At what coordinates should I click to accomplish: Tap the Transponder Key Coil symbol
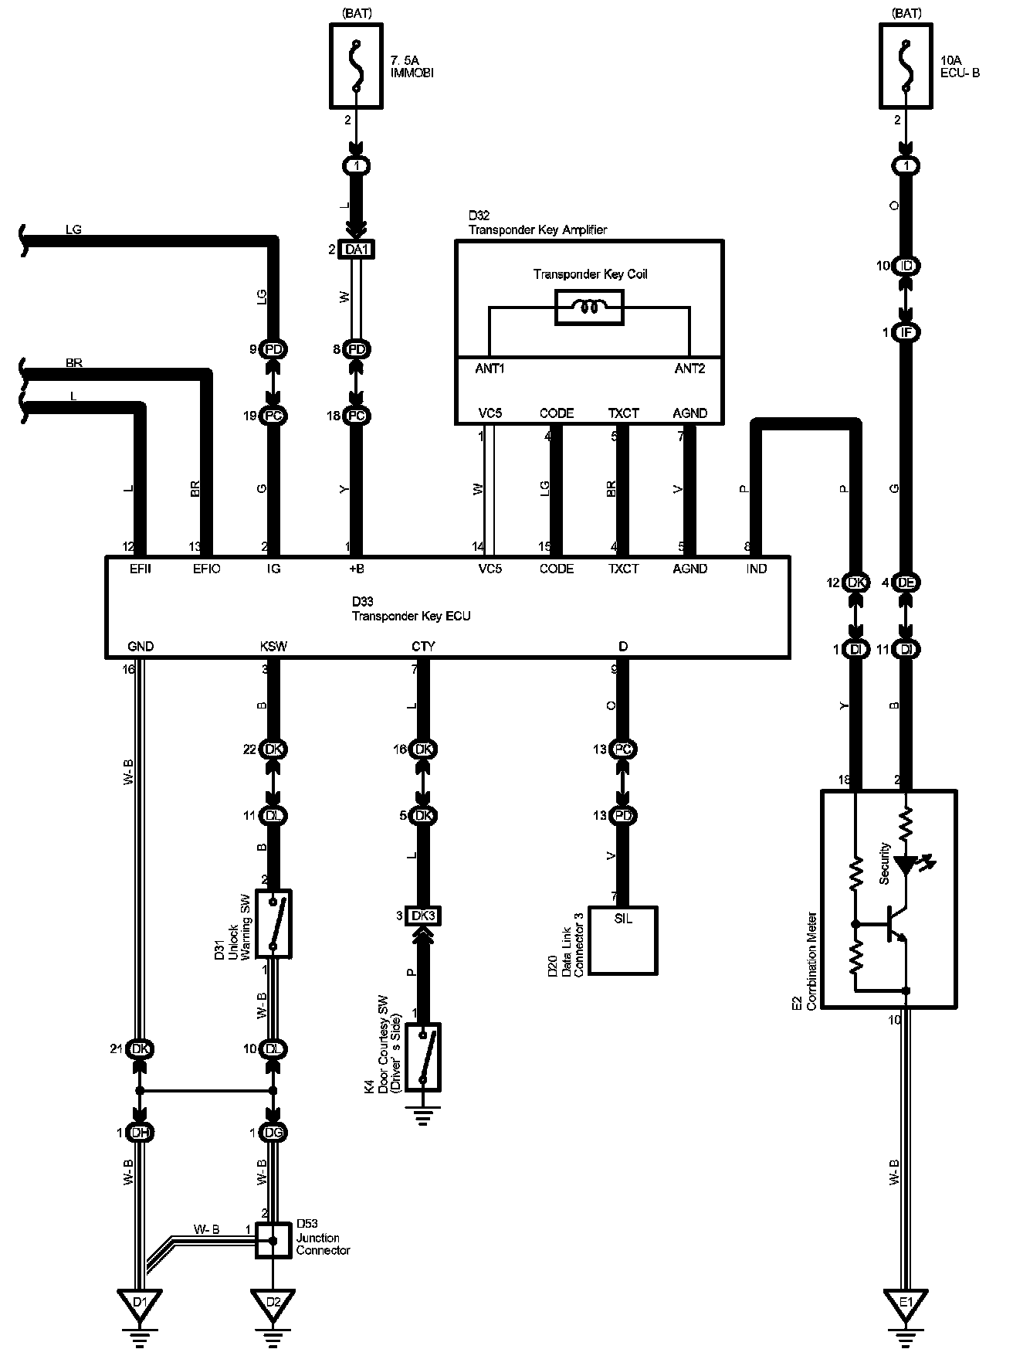coord(589,308)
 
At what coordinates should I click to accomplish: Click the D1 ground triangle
coord(139,1304)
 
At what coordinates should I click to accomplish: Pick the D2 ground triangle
coord(273,1304)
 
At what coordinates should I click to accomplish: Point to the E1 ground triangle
coord(906,1304)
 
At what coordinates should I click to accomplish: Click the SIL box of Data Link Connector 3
coord(622,940)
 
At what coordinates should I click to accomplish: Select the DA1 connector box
coord(356,250)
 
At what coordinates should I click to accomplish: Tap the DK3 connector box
coord(423,916)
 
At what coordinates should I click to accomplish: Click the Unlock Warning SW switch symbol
coord(273,924)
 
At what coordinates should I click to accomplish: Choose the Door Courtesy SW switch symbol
coord(423,1057)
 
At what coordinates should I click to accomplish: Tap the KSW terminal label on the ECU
coord(273,647)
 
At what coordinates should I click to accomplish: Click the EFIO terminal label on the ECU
coord(206,569)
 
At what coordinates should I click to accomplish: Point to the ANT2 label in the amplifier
coord(689,369)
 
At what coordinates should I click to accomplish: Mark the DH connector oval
coord(140,1133)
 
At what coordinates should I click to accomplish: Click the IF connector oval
coord(906,333)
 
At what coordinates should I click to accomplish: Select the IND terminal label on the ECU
coord(757,569)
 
